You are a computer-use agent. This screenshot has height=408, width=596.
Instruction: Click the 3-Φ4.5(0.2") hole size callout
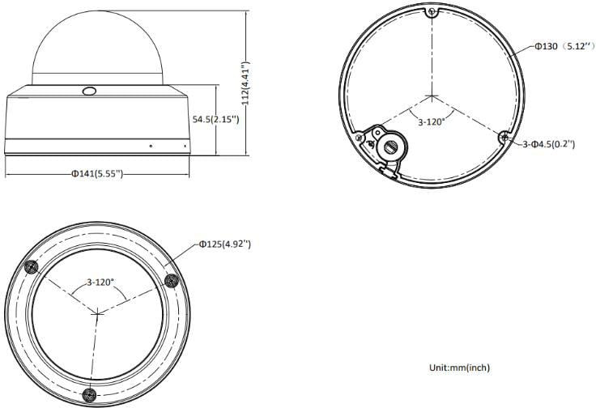pos(548,143)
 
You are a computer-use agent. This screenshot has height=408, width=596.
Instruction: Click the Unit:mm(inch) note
pos(459,368)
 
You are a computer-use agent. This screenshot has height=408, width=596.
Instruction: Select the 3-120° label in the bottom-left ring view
pos(100,283)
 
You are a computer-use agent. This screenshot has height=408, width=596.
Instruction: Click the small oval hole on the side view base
pos(89,91)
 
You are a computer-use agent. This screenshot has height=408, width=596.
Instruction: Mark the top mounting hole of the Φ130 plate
pos(433,12)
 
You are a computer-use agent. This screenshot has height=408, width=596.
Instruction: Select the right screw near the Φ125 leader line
pos(170,279)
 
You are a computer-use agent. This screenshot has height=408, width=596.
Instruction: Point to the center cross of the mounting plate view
pos(433,96)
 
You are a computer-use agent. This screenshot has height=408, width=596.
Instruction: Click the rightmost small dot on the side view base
pos(185,147)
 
